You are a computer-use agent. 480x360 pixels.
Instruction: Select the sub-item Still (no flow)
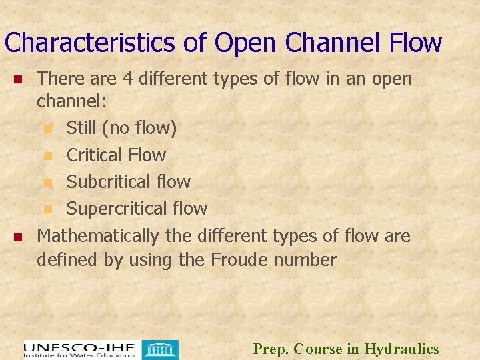pyautogui.click(x=121, y=127)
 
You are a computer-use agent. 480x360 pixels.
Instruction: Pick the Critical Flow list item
pyautogui.click(x=116, y=155)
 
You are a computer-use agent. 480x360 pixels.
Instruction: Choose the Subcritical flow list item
pyautogui.click(x=129, y=181)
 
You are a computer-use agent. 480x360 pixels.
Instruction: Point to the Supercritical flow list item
pyautogui.click(x=137, y=209)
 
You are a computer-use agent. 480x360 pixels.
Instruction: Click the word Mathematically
pyautogui.click(x=98, y=236)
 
